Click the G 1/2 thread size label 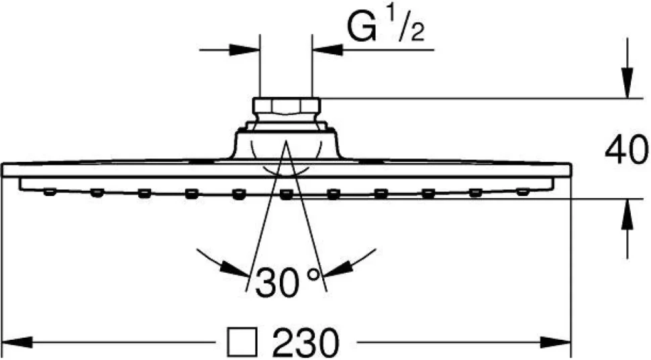[386, 26]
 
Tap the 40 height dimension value [626, 150]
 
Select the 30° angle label [288, 281]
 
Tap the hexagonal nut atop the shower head [287, 109]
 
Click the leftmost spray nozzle [50, 191]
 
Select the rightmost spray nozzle [523, 191]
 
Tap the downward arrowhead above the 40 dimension [627, 83]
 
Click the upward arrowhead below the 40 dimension [627, 214]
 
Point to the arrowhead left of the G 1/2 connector [245, 50]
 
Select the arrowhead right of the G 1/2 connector [327, 50]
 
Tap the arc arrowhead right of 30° [337, 269]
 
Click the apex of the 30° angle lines [286, 142]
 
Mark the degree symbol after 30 [314, 273]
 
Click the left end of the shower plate [3, 170]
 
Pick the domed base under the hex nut [287, 146]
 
